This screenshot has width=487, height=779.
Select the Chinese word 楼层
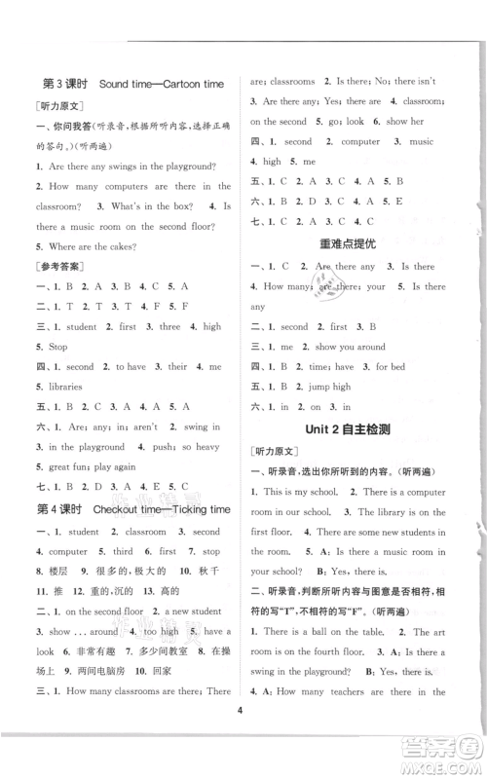pyautogui.click(x=59, y=572)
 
